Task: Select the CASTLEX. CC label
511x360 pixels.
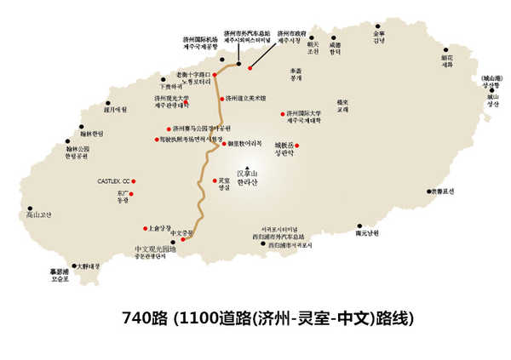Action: [x=113, y=181]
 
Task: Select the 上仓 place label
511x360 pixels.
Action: [x=159, y=228]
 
